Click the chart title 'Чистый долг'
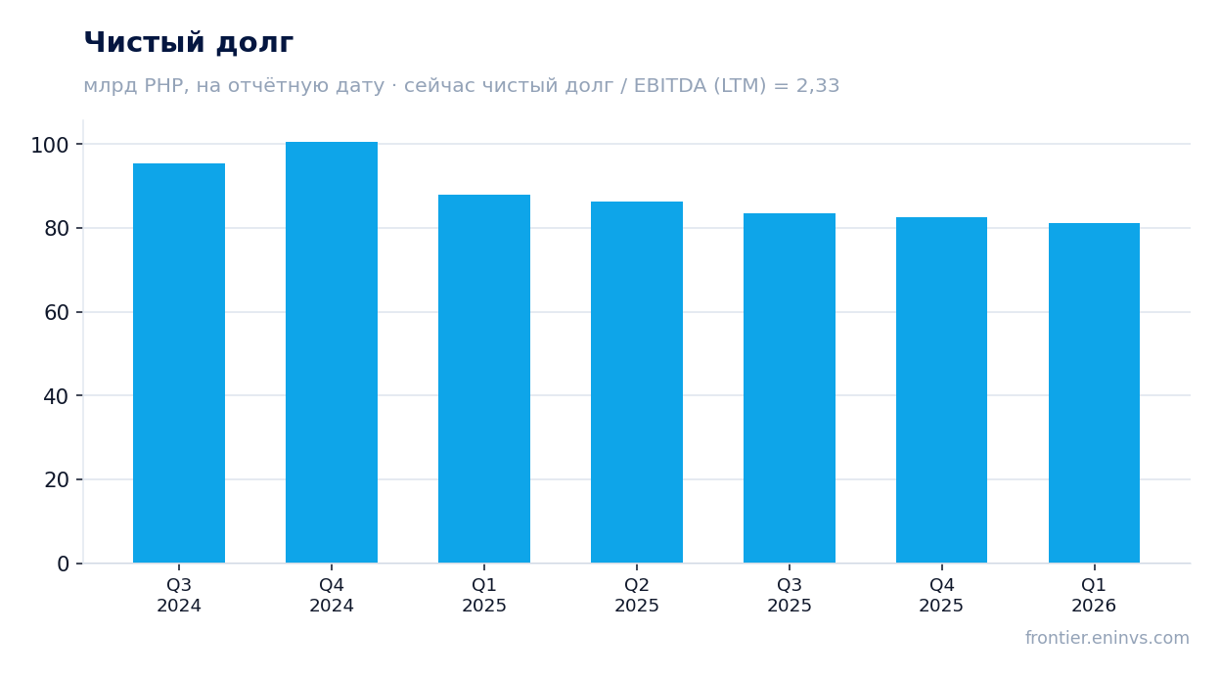click(x=189, y=42)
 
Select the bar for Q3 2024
click(x=179, y=363)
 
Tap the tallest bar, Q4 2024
click(x=332, y=352)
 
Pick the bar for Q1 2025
click(x=484, y=379)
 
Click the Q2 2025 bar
click(x=637, y=383)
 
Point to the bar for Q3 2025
click(x=790, y=388)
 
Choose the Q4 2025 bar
click(x=942, y=390)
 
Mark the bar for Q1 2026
click(x=1094, y=393)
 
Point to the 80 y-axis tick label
click(x=57, y=229)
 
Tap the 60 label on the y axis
click(x=57, y=313)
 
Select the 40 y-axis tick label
click(x=57, y=396)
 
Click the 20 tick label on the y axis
click(x=57, y=479)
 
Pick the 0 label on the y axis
click(x=64, y=565)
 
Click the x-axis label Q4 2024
click(x=332, y=595)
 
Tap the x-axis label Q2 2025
click(x=637, y=595)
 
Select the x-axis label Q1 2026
click(x=1094, y=595)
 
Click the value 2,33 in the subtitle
click(x=818, y=86)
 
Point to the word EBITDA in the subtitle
click(x=670, y=85)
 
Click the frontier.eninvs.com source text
click(x=1107, y=638)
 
